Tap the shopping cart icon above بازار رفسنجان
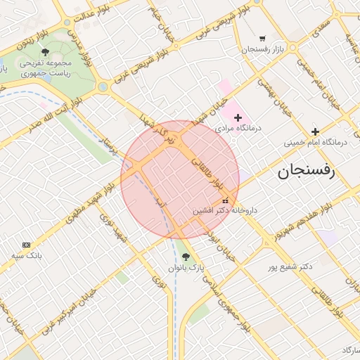262,38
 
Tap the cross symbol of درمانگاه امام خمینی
315,131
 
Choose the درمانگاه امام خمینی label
316,142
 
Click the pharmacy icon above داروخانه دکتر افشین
225,200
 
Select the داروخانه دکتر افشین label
226,210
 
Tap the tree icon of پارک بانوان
186,257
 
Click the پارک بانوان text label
186,268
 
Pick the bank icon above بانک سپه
27,244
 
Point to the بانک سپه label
27,255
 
